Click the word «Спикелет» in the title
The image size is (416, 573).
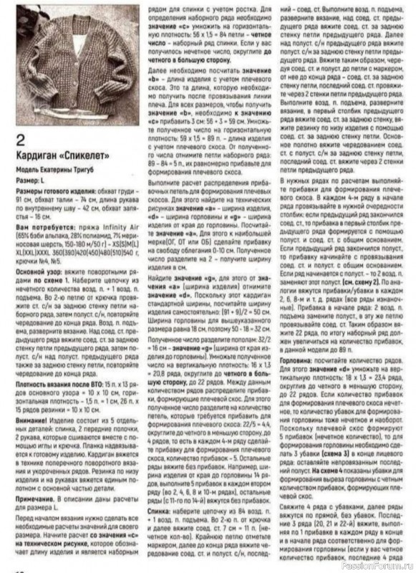pos(84,155)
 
